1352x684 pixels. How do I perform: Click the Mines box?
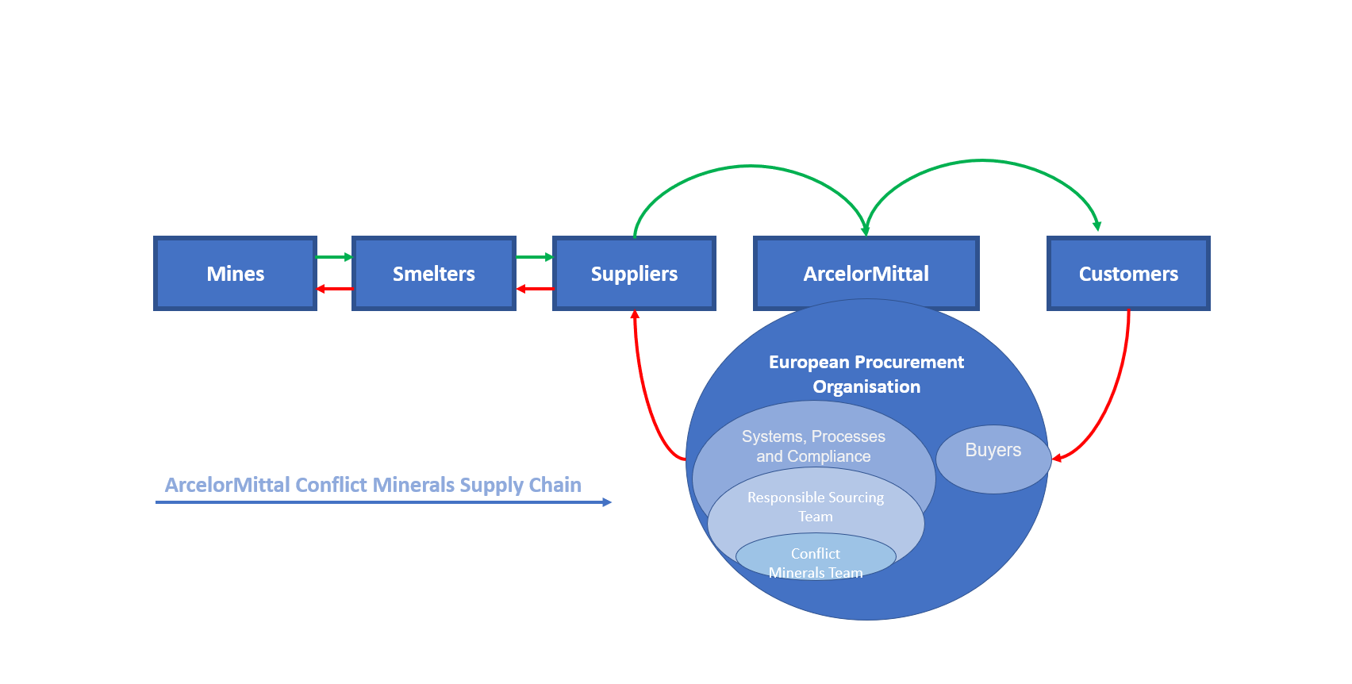[235, 274]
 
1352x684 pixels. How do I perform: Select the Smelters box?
[433, 274]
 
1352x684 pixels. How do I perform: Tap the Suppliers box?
[634, 274]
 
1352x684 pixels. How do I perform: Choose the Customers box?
[1127, 274]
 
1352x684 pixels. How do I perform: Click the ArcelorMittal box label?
[866, 274]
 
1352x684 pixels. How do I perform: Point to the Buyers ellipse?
[993, 459]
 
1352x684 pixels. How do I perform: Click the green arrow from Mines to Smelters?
[334, 257]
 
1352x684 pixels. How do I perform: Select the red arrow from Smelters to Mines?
[334, 289]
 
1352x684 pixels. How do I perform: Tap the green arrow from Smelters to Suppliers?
[534, 257]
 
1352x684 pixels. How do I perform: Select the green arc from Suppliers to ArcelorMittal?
[750, 166]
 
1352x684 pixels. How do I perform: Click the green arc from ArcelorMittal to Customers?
[981, 160]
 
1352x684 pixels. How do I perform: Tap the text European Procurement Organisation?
[866, 374]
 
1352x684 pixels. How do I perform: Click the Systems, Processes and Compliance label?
[813, 446]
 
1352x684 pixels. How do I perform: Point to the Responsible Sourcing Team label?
[815, 506]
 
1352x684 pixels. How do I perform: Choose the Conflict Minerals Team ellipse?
[815, 558]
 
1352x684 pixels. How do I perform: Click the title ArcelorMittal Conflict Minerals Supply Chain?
[373, 485]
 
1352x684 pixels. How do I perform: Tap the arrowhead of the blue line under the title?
[607, 502]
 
